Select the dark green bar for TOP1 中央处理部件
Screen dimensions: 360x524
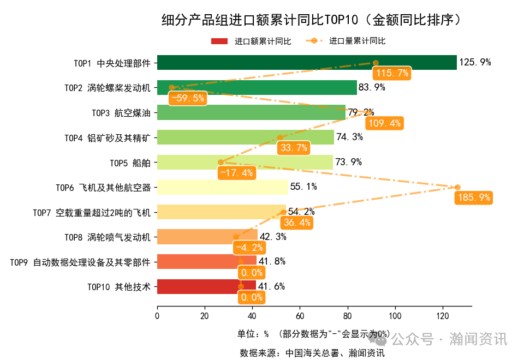tap(306, 63)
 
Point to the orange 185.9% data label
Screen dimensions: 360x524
tap(473, 198)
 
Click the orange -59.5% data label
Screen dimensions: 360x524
tap(187, 98)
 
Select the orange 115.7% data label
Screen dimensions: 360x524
tap(391, 73)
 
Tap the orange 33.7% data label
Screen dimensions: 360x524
tap(293, 148)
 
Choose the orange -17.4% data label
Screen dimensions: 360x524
tap(236, 173)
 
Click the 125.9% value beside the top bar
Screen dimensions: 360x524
tap(475, 62)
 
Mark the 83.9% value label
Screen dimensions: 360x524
tap(372, 87)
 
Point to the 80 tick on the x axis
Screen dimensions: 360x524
tap(348, 315)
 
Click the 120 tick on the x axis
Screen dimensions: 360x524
tap(443, 315)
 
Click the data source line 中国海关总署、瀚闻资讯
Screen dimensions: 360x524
tap(312, 352)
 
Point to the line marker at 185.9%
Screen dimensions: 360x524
tap(457, 187)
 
